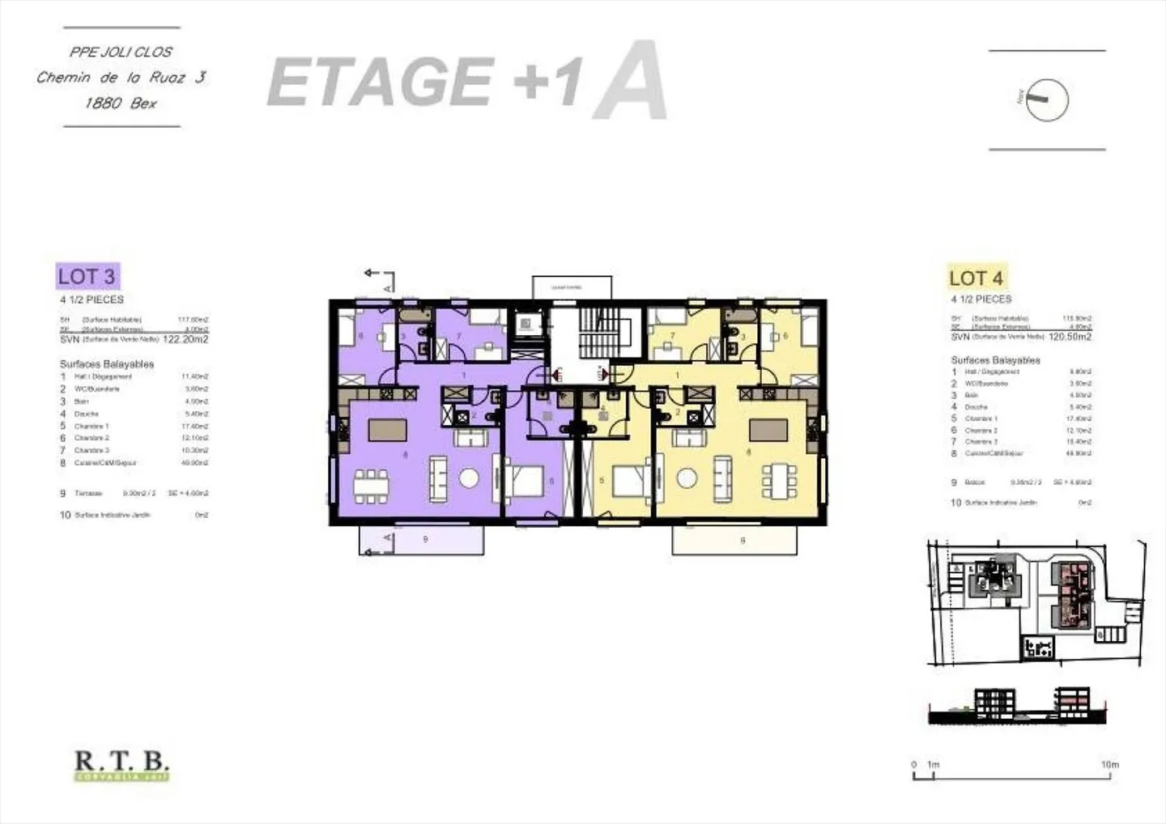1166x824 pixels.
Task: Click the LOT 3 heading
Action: pyautogui.click(x=87, y=276)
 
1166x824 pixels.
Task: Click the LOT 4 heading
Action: pyautogui.click(x=976, y=278)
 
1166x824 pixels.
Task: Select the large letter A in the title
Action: pyautogui.click(x=631, y=81)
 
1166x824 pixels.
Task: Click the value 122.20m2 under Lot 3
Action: pyautogui.click(x=185, y=339)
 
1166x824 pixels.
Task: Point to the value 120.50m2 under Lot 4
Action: pyautogui.click(x=1070, y=336)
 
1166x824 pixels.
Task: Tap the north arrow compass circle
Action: pyautogui.click(x=1048, y=100)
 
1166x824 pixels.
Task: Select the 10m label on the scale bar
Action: pyautogui.click(x=1109, y=764)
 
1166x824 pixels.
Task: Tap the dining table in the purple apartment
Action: pyautogui.click(x=371, y=481)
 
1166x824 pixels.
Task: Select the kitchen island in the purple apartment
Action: pyautogui.click(x=387, y=430)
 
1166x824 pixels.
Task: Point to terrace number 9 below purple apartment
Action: pyautogui.click(x=422, y=540)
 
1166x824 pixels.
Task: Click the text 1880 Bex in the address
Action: pyautogui.click(x=121, y=103)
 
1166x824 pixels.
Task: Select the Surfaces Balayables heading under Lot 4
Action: pyautogui.click(x=995, y=359)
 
